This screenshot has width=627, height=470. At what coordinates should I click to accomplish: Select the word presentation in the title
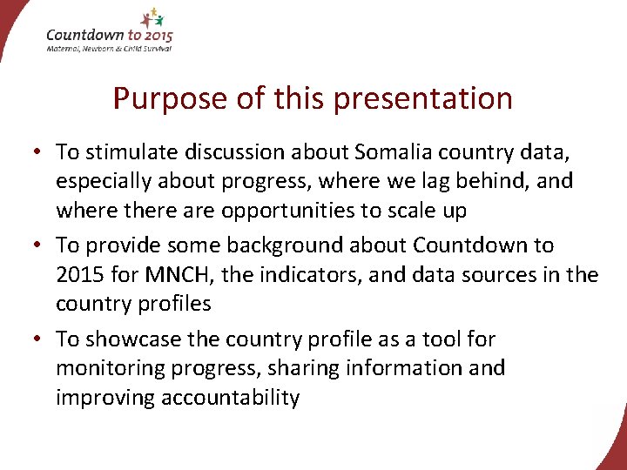pos(423,99)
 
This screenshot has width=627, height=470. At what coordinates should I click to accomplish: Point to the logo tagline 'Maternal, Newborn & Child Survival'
pos(109,49)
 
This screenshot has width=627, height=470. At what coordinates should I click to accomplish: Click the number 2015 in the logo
pos(154,36)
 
